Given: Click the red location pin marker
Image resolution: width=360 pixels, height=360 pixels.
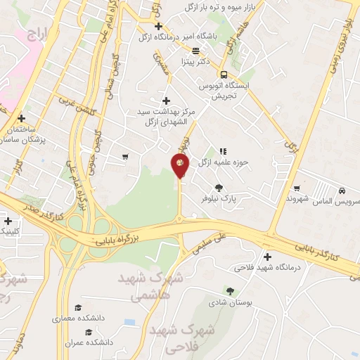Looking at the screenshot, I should point(180,165).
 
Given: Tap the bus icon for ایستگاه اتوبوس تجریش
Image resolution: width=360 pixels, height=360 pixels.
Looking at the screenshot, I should point(224,75).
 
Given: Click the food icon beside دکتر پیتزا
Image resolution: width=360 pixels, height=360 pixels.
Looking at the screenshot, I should point(195,50).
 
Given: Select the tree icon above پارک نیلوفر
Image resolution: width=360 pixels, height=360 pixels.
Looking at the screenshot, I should point(219,187).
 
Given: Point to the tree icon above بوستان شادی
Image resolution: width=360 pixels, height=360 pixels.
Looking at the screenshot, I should point(229,291).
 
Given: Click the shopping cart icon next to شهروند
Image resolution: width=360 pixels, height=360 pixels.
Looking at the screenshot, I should point(298,188).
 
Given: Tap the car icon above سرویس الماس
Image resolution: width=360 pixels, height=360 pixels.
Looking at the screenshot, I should point(341,191).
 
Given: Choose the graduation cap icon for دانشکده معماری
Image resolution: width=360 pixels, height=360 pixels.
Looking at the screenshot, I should point(78,307).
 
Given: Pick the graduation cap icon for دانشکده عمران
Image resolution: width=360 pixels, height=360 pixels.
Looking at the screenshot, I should point(89,332).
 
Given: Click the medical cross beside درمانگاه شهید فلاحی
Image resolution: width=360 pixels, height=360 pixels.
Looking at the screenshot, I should point(266,257).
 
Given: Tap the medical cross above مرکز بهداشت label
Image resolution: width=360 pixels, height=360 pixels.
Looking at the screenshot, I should point(166,101).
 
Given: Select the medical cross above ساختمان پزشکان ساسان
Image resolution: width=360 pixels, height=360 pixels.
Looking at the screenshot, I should point(22,118).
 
